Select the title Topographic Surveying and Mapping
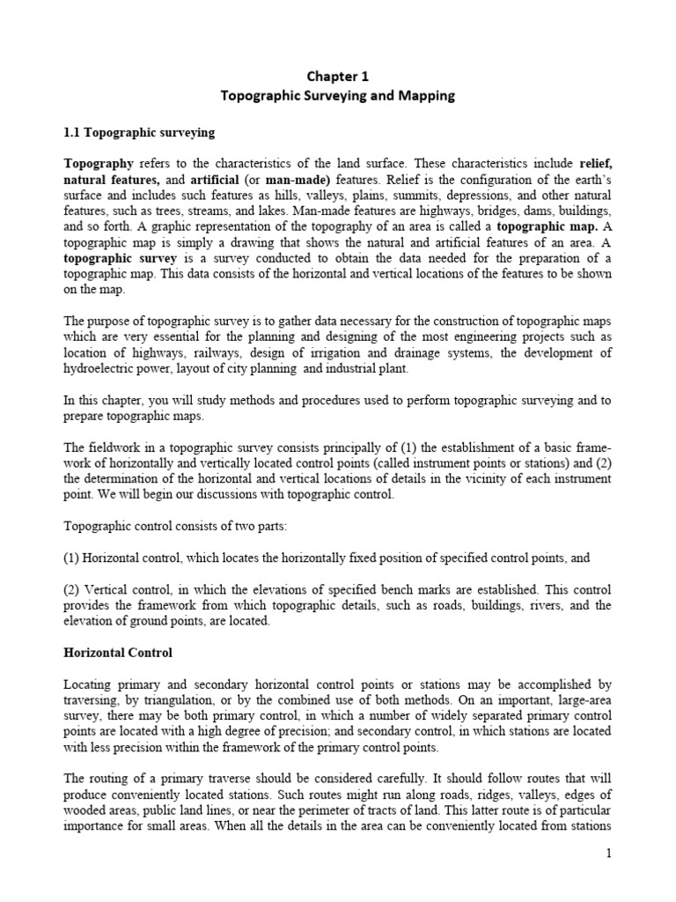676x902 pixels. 337,96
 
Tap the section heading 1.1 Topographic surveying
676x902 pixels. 139,132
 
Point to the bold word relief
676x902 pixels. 594,164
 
